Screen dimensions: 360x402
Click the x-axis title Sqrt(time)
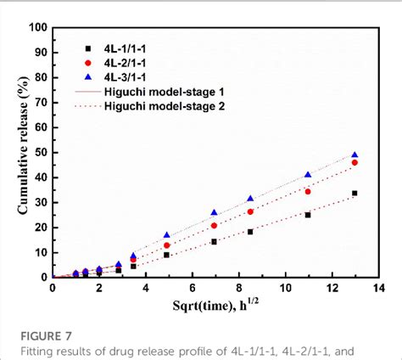coord(215,309)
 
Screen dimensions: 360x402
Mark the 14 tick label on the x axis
coord(377,289)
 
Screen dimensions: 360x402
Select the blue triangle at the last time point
coord(355,155)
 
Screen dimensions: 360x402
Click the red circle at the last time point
coord(355,162)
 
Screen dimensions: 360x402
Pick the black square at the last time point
coord(355,193)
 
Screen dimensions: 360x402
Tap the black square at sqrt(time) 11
coord(308,215)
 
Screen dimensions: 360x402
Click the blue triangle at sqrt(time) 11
coord(308,175)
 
